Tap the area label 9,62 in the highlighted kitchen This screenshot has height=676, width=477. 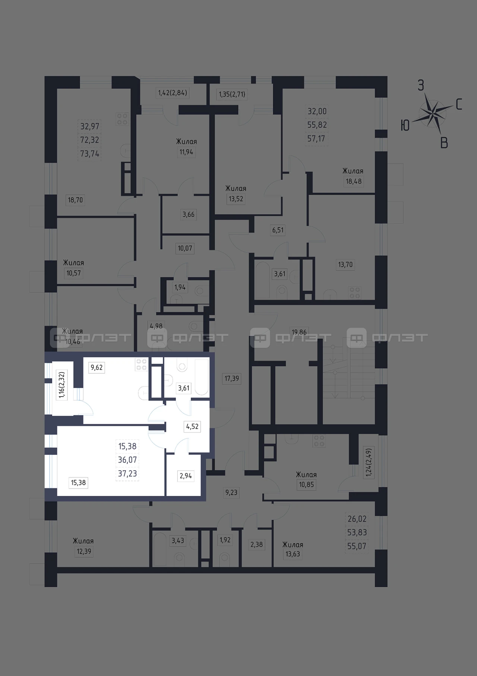tap(97, 367)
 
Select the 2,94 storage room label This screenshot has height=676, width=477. tap(186, 476)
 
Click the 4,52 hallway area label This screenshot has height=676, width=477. tap(192, 426)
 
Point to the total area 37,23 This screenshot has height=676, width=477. tap(127, 473)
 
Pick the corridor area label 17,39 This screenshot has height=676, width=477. tap(231, 378)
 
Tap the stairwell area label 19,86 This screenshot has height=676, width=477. tap(299, 332)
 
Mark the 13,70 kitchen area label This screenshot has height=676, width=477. tap(345, 265)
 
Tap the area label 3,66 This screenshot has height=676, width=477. tap(189, 215)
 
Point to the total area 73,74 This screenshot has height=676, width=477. tap(90, 153)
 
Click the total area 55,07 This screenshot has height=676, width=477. tap(357, 546)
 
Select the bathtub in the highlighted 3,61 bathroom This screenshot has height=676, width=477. tap(202, 377)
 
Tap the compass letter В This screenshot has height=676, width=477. tap(444, 143)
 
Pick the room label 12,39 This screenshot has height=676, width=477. tap(84, 551)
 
